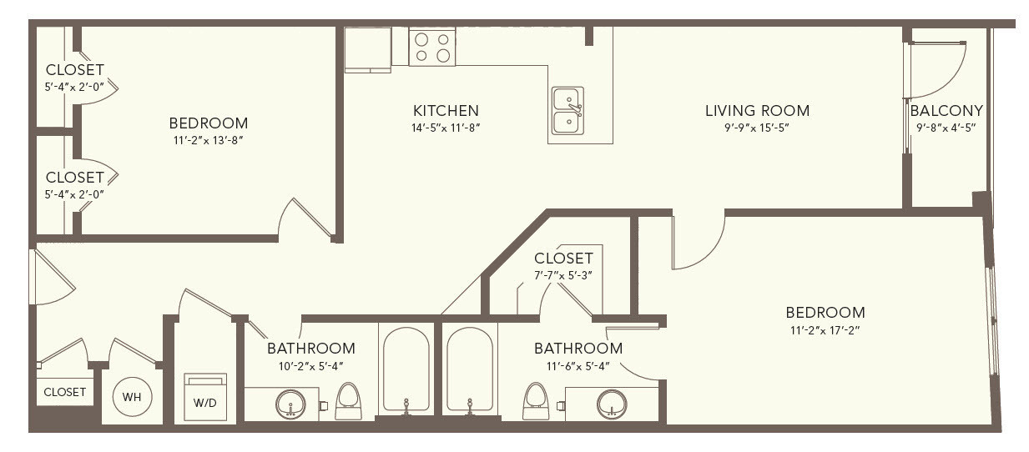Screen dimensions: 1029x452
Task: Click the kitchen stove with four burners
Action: click(431, 47)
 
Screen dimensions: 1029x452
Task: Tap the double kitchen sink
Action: click(567, 111)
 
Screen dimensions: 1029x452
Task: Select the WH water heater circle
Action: click(132, 397)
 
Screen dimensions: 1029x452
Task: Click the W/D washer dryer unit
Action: click(205, 397)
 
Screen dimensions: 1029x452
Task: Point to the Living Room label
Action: click(757, 111)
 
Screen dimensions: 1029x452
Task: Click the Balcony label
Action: click(946, 111)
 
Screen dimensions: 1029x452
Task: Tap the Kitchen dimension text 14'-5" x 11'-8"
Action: click(446, 128)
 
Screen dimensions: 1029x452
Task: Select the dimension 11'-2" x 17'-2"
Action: click(825, 330)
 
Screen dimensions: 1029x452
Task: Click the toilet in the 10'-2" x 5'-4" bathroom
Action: click(348, 401)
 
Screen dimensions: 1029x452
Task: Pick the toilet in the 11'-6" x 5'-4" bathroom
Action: click(536, 401)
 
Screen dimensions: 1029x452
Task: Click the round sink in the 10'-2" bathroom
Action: click(290, 404)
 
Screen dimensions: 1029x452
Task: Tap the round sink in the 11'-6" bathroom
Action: click(612, 404)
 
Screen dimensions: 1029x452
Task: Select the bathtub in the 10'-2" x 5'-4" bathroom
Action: click(406, 369)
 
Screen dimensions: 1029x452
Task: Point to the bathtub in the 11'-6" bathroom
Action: click(470, 369)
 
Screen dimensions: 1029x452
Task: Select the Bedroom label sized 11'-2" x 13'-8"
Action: click(208, 123)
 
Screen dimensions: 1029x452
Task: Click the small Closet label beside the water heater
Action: click(65, 392)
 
